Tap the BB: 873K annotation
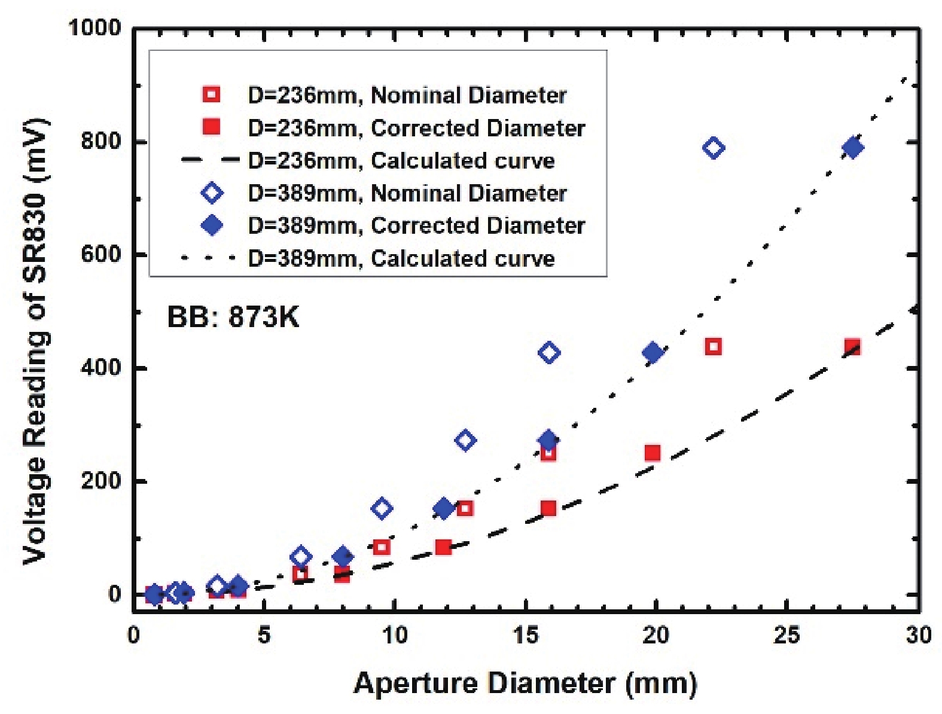[x=233, y=316]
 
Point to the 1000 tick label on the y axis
[x=94, y=28]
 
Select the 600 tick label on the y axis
[x=100, y=254]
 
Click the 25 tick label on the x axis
[x=786, y=635]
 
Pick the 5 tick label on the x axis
[x=264, y=635]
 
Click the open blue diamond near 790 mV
[x=714, y=148]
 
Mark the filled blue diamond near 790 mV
[x=852, y=148]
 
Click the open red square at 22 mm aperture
[x=713, y=346]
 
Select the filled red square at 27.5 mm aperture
[x=852, y=347]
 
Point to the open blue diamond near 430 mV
[x=549, y=353]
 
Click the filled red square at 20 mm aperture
[x=653, y=453]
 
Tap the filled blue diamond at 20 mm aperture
[x=653, y=353]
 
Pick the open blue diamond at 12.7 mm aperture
[x=465, y=441]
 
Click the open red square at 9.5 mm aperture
[x=382, y=547]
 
